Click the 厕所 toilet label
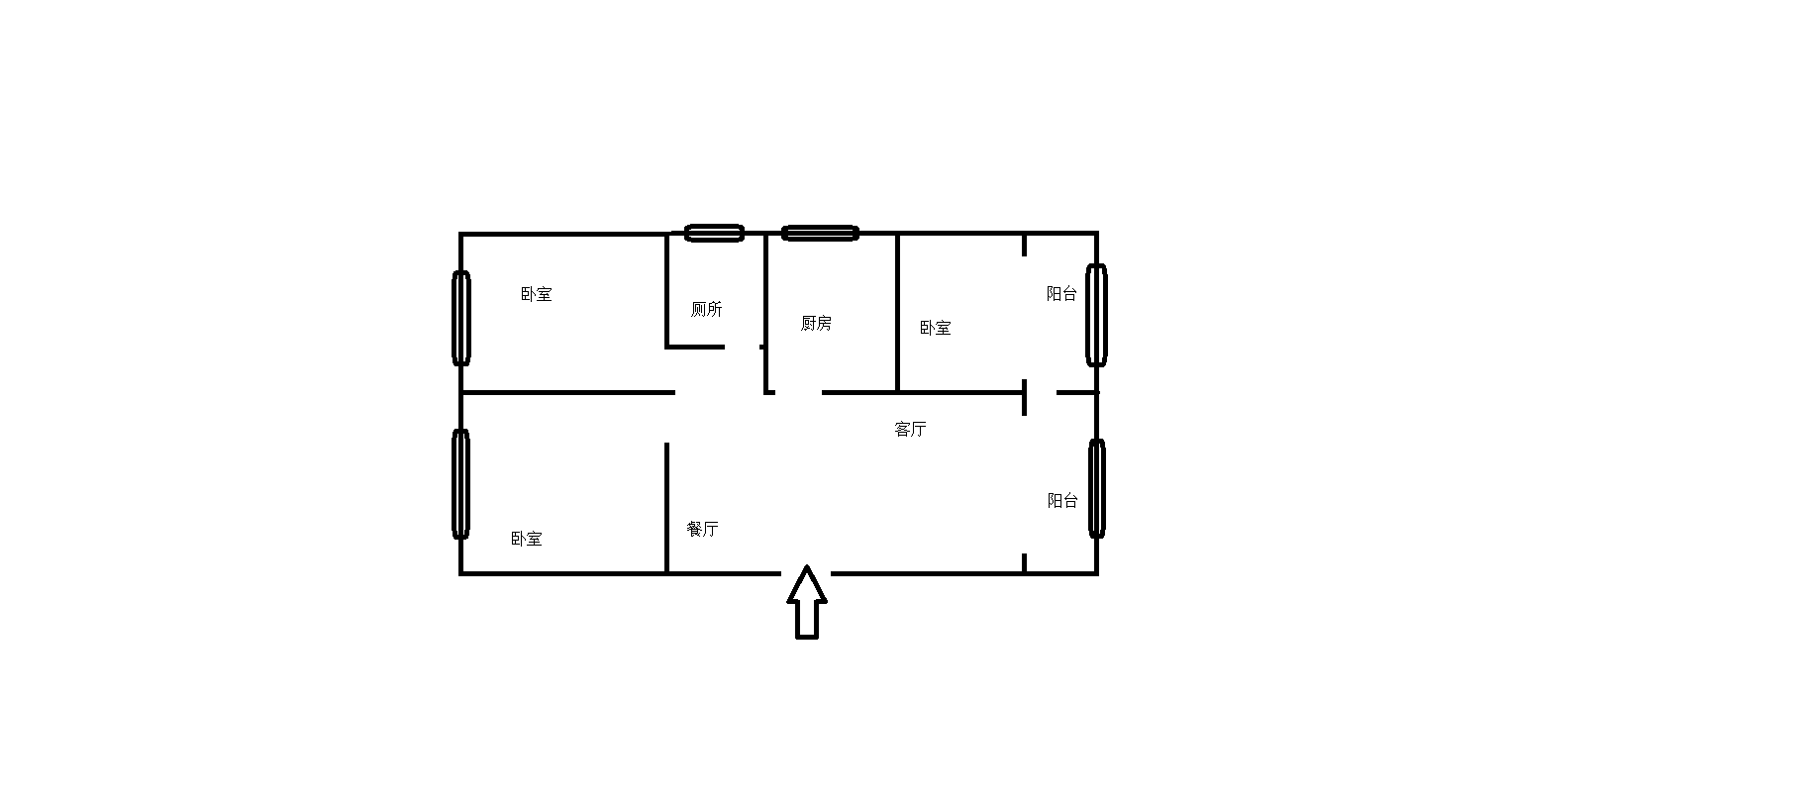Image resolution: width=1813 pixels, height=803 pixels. pyautogui.click(x=706, y=309)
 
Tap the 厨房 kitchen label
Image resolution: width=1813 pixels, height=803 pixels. pyautogui.click(x=816, y=323)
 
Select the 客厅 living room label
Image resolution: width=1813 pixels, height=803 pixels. pyautogui.click(x=910, y=429)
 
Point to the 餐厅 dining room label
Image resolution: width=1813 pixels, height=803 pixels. pyautogui.click(x=702, y=529)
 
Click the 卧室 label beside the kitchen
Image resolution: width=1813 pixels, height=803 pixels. pyautogui.click(x=935, y=328)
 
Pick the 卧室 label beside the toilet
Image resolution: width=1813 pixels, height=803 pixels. pyautogui.click(x=536, y=294)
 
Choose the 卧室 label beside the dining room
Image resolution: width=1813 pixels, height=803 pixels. pyautogui.click(x=526, y=539)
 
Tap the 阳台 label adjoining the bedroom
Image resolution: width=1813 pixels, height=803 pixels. pyautogui.click(x=1061, y=293)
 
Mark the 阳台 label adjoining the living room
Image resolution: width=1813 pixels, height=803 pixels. pyautogui.click(x=1062, y=500)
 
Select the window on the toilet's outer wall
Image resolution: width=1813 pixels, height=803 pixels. pyautogui.click(x=714, y=233)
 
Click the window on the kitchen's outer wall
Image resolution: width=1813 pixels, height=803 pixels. pyautogui.click(x=820, y=233)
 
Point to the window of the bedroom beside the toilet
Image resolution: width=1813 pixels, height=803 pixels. pyautogui.click(x=460, y=317)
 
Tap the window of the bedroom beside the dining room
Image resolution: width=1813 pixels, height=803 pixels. pyautogui.click(x=460, y=483)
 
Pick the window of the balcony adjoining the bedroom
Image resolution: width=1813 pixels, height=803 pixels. pyautogui.click(x=1095, y=315)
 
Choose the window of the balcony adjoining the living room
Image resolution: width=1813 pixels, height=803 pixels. pyautogui.click(x=1096, y=488)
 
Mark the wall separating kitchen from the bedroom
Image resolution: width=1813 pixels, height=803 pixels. pyautogui.click(x=897, y=312)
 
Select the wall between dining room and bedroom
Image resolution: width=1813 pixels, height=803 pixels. pyautogui.click(x=666, y=507)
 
